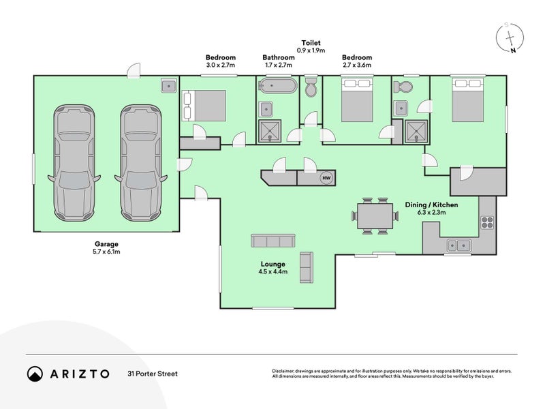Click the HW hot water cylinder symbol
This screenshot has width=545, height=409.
(x=326, y=178)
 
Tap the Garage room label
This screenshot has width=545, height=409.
(x=106, y=244)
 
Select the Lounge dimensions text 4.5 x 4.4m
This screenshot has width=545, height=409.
(x=273, y=272)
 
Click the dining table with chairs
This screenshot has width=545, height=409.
(x=375, y=215)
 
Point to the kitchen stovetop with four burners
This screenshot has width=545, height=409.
(x=487, y=222)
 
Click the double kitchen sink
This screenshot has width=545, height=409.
(x=458, y=245)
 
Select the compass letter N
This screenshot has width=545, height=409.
(x=513, y=50)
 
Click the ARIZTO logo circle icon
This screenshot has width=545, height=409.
(x=35, y=374)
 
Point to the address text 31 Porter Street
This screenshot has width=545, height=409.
(x=153, y=374)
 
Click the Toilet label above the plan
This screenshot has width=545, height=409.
(x=311, y=43)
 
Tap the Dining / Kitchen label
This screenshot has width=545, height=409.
(x=431, y=205)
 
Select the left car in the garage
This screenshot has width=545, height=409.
(x=74, y=163)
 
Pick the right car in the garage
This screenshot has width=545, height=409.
(x=141, y=163)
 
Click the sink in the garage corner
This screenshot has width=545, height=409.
(x=169, y=85)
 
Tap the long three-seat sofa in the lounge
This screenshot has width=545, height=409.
(x=273, y=241)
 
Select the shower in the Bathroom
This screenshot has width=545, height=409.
(x=269, y=131)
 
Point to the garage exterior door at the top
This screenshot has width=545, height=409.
(x=134, y=71)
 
